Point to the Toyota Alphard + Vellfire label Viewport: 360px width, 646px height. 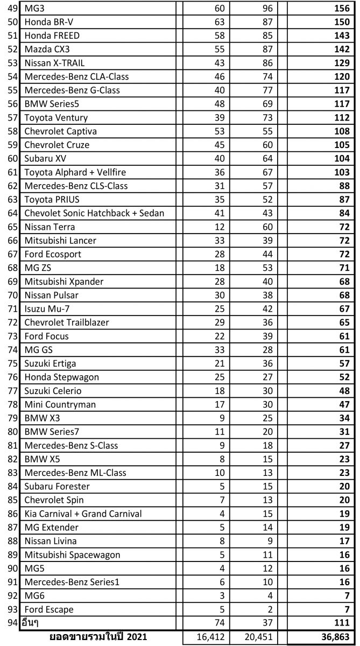79,172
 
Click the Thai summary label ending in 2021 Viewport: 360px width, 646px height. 98,637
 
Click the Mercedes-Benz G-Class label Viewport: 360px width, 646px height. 72,90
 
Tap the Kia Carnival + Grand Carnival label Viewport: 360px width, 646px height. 83,514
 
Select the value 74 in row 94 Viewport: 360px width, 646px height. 220,623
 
